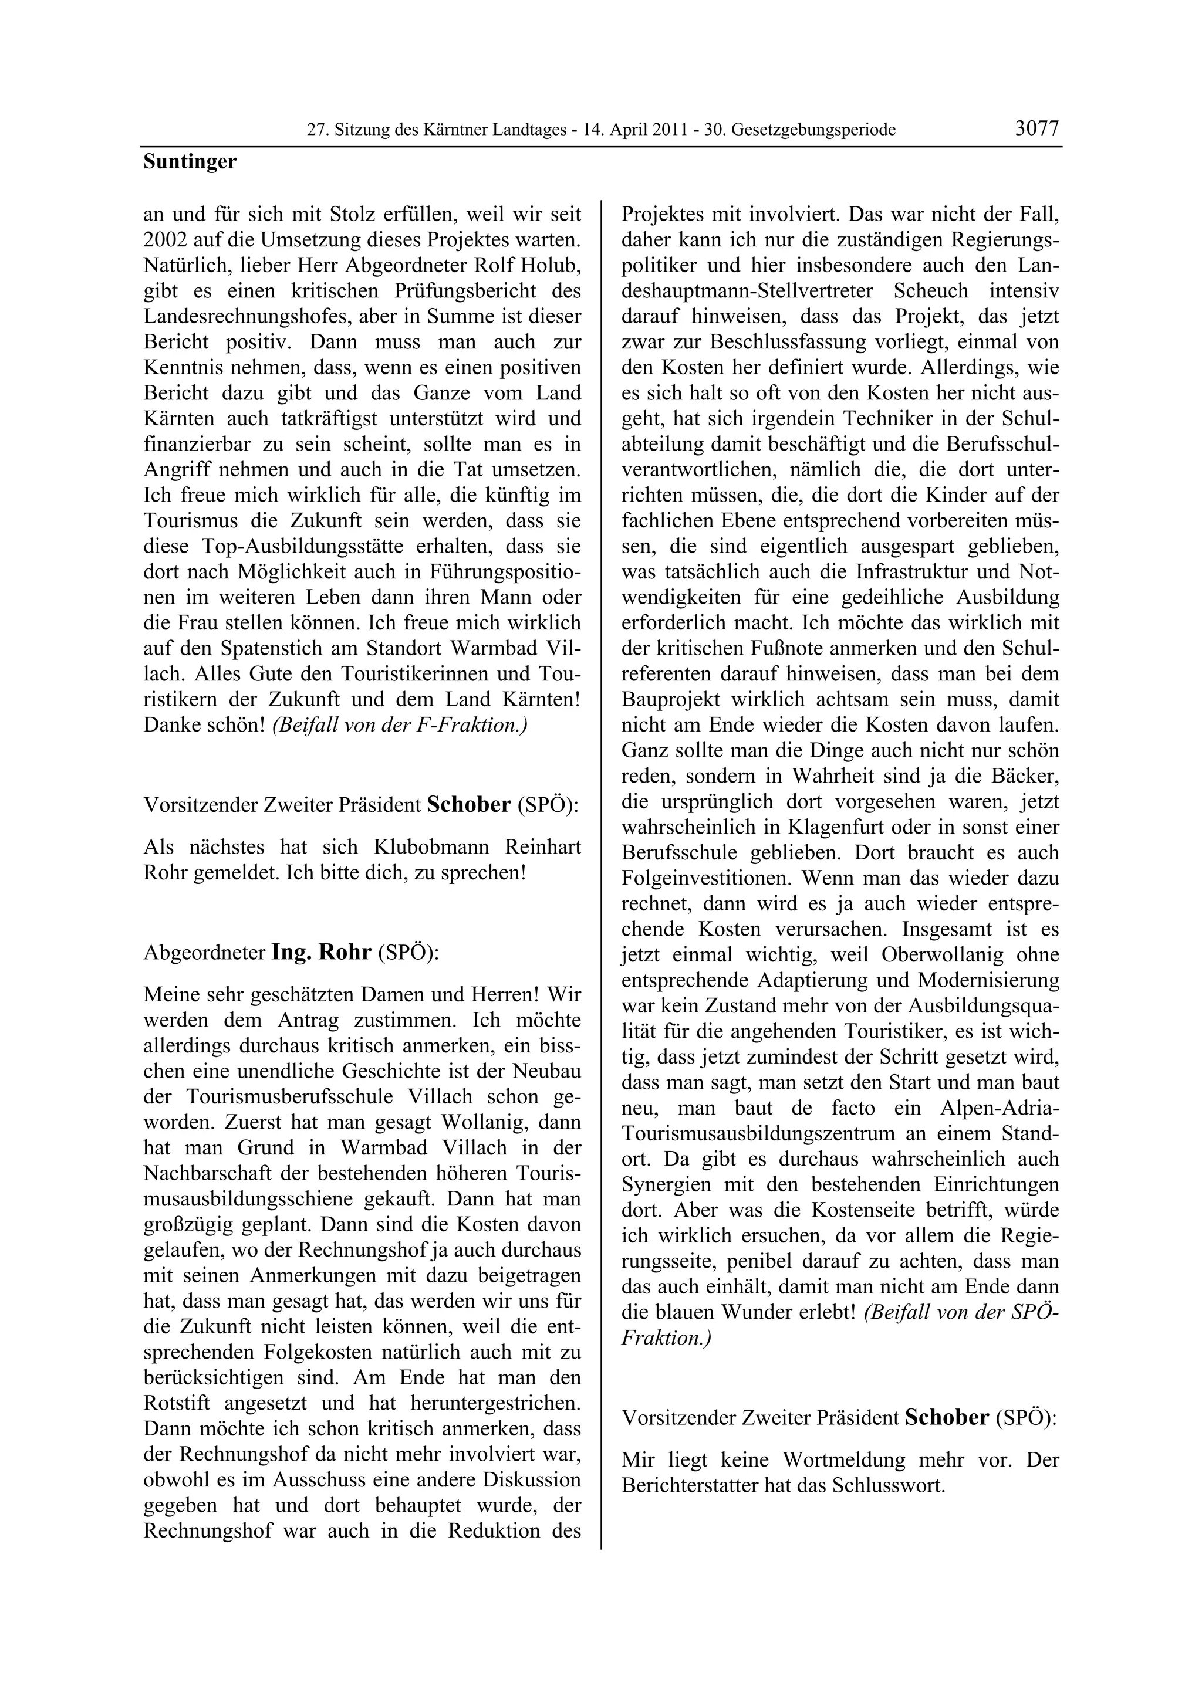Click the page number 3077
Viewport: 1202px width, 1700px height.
click(x=1037, y=129)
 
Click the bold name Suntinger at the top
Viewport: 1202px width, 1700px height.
click(x=190, y=161)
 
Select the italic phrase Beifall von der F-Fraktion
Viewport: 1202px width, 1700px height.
click(x=399, y=725)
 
